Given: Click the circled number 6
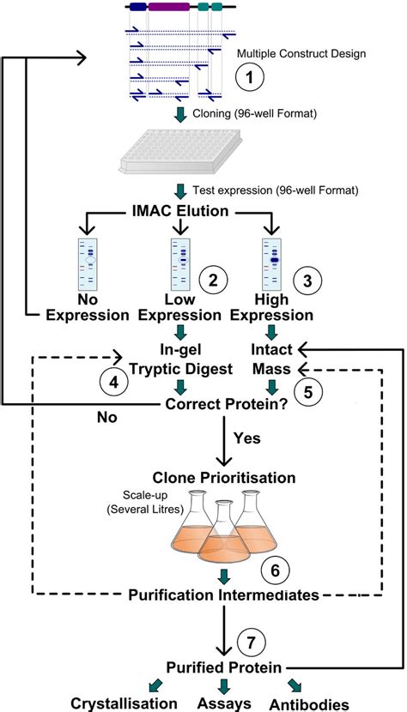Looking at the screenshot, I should point(274,569).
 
